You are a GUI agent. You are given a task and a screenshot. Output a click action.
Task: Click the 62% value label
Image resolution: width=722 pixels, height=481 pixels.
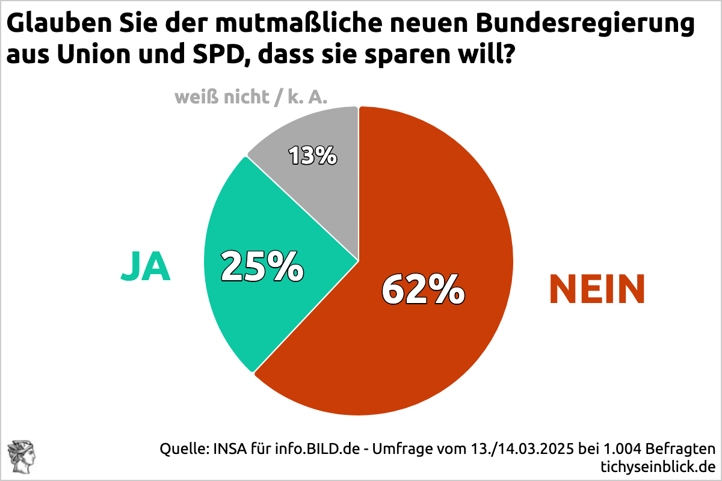[x=424, y=289]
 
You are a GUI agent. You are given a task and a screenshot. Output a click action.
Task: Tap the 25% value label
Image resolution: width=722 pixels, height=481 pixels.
[x=262, y=266]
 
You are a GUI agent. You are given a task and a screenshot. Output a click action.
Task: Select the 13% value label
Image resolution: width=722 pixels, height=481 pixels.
[x=312, y=156]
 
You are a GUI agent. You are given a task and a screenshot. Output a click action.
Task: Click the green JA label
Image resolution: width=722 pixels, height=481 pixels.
[x=146, y=267]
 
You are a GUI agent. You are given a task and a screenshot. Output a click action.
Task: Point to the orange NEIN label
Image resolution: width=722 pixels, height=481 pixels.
[x=597, y=289]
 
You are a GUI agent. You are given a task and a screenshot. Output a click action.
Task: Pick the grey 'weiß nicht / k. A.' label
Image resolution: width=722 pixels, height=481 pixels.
[x=255, y=97]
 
